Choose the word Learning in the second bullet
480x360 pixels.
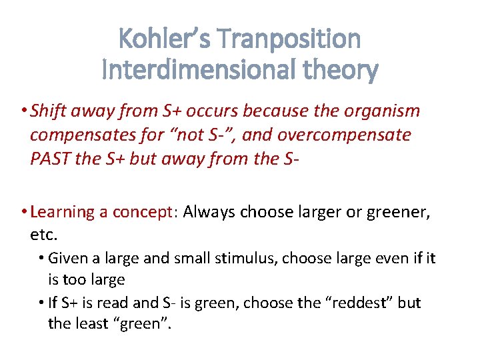point(63,212)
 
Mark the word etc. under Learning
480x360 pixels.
point(44,235)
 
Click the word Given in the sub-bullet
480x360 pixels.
point(67,258)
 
